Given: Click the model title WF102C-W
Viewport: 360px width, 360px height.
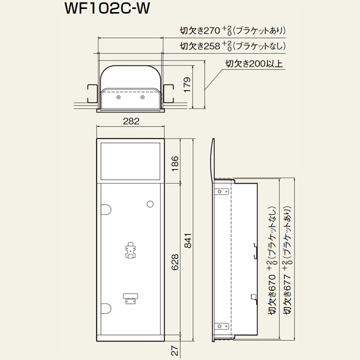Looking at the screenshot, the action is [x=107, y=8].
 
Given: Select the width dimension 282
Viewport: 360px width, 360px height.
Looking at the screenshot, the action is [x=131, y=121].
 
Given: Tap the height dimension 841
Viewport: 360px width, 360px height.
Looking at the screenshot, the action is [x=188, y=241].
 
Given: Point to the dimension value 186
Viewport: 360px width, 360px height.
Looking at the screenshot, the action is [x=175, y=163].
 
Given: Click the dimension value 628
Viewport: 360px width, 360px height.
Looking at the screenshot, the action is [x=175, y=262].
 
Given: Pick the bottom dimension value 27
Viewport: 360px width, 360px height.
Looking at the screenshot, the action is [x=175, y=351].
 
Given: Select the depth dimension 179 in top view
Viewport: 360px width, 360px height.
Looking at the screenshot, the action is [x=187, y=85].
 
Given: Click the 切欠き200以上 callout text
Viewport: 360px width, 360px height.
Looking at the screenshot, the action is [x=254, y=64].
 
